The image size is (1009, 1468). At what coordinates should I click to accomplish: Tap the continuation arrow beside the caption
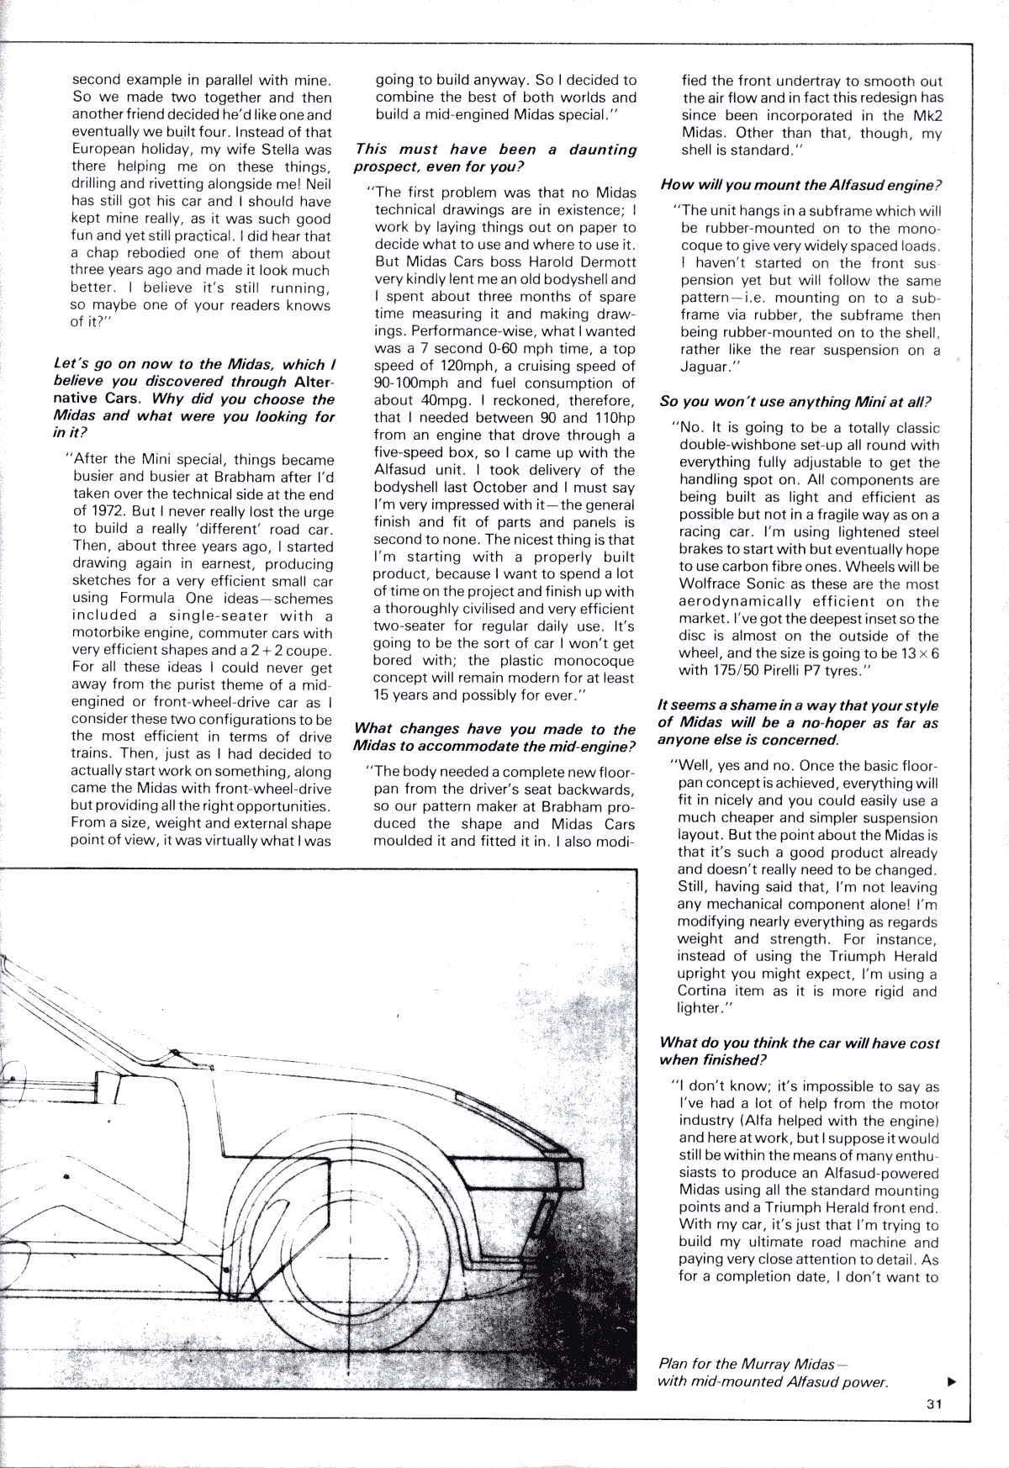coord(951,1381)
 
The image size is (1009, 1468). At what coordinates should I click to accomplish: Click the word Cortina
coord(705,991)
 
